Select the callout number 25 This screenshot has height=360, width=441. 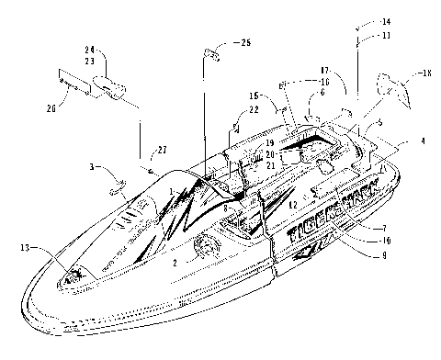point(243,43)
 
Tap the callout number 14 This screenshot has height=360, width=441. point(359,20)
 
